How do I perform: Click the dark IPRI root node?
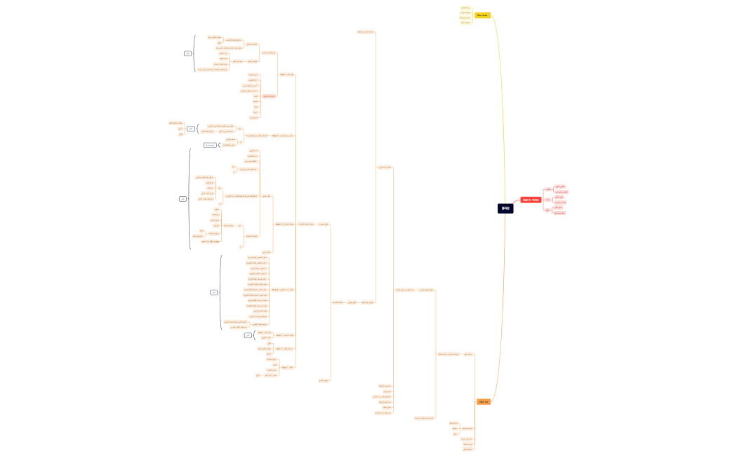pyautogui.click(x=505, y=209)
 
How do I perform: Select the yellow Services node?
pyautogui.click(x=482, y=15)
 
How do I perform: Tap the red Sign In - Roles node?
pyautogui.click(x=531, y=200)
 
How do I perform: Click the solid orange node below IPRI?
pyautogui.click(x=483, y=401)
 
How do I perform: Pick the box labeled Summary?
pyautogui.click(x=210, y=145)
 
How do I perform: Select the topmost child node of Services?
pyautogui.click(x=465, y=8)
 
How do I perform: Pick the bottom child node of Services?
pyautogui.click(x=465, y=22)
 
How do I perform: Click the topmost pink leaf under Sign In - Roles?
pyautogui.click(x=561, y=187)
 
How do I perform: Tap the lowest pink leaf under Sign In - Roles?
pyautogui.click(x=560, y=212)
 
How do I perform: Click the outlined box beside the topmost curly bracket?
pyautogui.click(x=187, y=53)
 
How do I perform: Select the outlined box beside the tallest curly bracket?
pyautogui.click(x=182, y=199)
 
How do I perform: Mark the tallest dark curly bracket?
pyautogui.click(x=190, y=199)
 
